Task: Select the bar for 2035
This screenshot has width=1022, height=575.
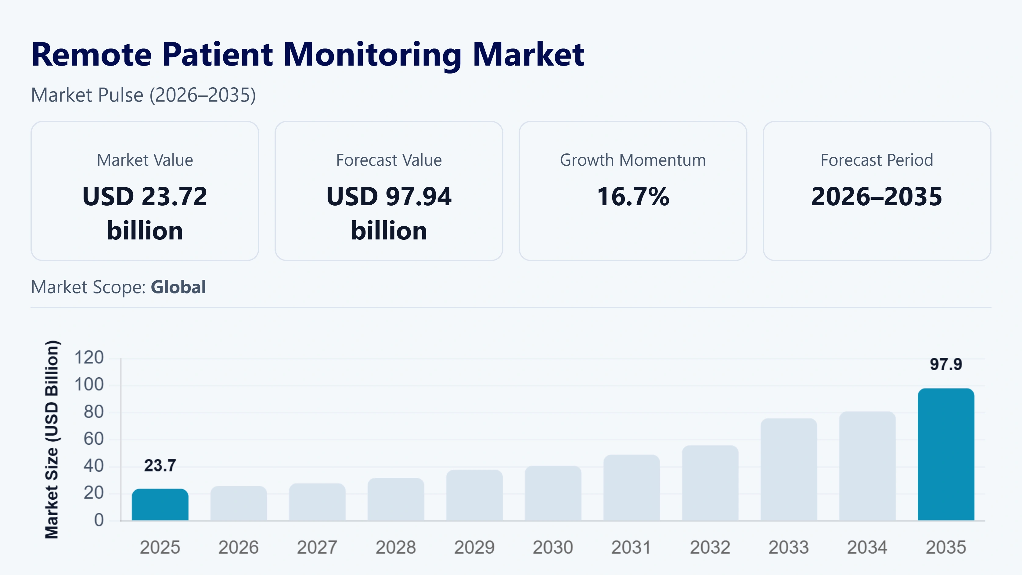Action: pos(946,455)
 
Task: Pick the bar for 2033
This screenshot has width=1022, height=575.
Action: pos(789,469)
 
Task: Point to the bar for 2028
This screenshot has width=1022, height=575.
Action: pos(396,499)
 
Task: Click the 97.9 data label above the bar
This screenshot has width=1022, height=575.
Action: pos(946,364)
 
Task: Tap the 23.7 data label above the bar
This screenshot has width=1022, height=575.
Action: pos(160,465)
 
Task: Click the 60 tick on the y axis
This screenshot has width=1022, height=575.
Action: pos(94,439)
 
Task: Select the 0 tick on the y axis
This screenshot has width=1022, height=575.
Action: pos(99,520)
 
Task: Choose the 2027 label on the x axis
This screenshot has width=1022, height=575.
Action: pos(317,548)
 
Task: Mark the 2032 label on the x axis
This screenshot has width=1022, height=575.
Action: pos(710,548)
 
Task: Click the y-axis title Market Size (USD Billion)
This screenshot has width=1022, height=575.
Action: pos(52,439)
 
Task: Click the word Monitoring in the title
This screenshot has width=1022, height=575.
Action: pos(372,55)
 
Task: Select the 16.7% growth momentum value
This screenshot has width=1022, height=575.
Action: pos(633,196)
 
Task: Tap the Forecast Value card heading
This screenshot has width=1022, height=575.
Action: pos(389,160)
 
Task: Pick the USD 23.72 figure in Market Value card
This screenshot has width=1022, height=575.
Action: pos(145,196)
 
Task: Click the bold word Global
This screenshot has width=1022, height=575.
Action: pos(178,287)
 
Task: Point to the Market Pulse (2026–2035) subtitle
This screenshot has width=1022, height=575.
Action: pos(143,95)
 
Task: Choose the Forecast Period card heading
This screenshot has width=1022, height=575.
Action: pos(877,160)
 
